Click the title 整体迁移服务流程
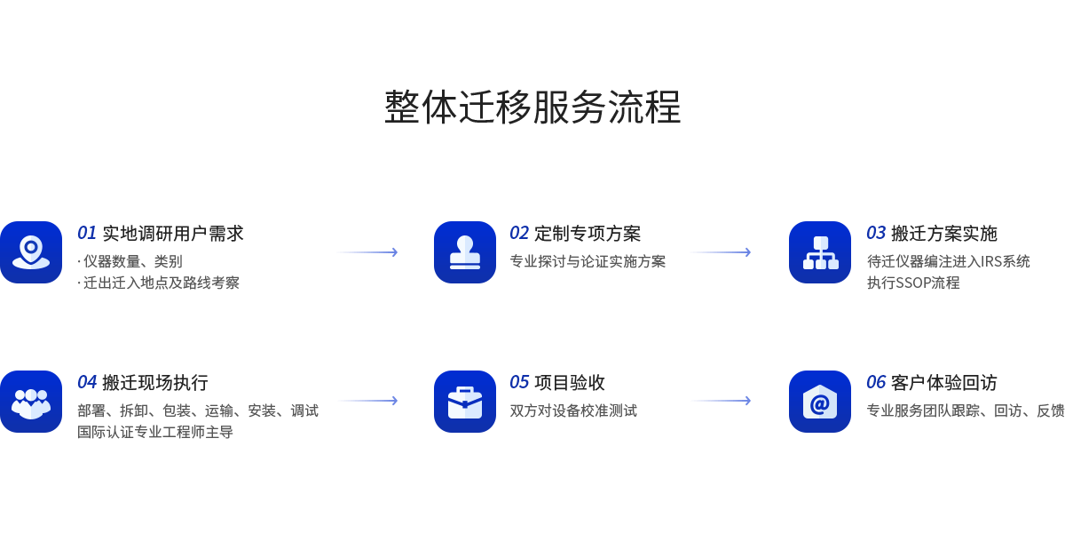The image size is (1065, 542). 532,108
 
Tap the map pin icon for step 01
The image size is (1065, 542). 31,252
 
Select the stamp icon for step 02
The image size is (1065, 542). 465,252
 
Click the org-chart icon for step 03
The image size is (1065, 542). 820,252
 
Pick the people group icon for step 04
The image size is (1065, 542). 31,402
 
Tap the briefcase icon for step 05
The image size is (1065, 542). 465,402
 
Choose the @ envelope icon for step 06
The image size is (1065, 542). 820,402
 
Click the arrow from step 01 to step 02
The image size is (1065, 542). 367,252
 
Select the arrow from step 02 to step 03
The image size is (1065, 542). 720,252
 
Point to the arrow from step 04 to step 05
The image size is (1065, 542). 367,401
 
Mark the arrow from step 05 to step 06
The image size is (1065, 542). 720,401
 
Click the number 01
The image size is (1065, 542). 86,234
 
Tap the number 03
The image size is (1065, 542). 876,234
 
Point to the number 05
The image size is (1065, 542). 519,383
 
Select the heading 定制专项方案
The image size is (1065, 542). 588,234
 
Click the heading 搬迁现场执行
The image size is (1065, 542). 154,383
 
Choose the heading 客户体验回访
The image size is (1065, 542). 944,383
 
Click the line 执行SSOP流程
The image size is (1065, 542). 913,283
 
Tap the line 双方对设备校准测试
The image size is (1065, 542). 573,410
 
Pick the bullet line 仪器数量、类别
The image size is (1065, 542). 132,261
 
